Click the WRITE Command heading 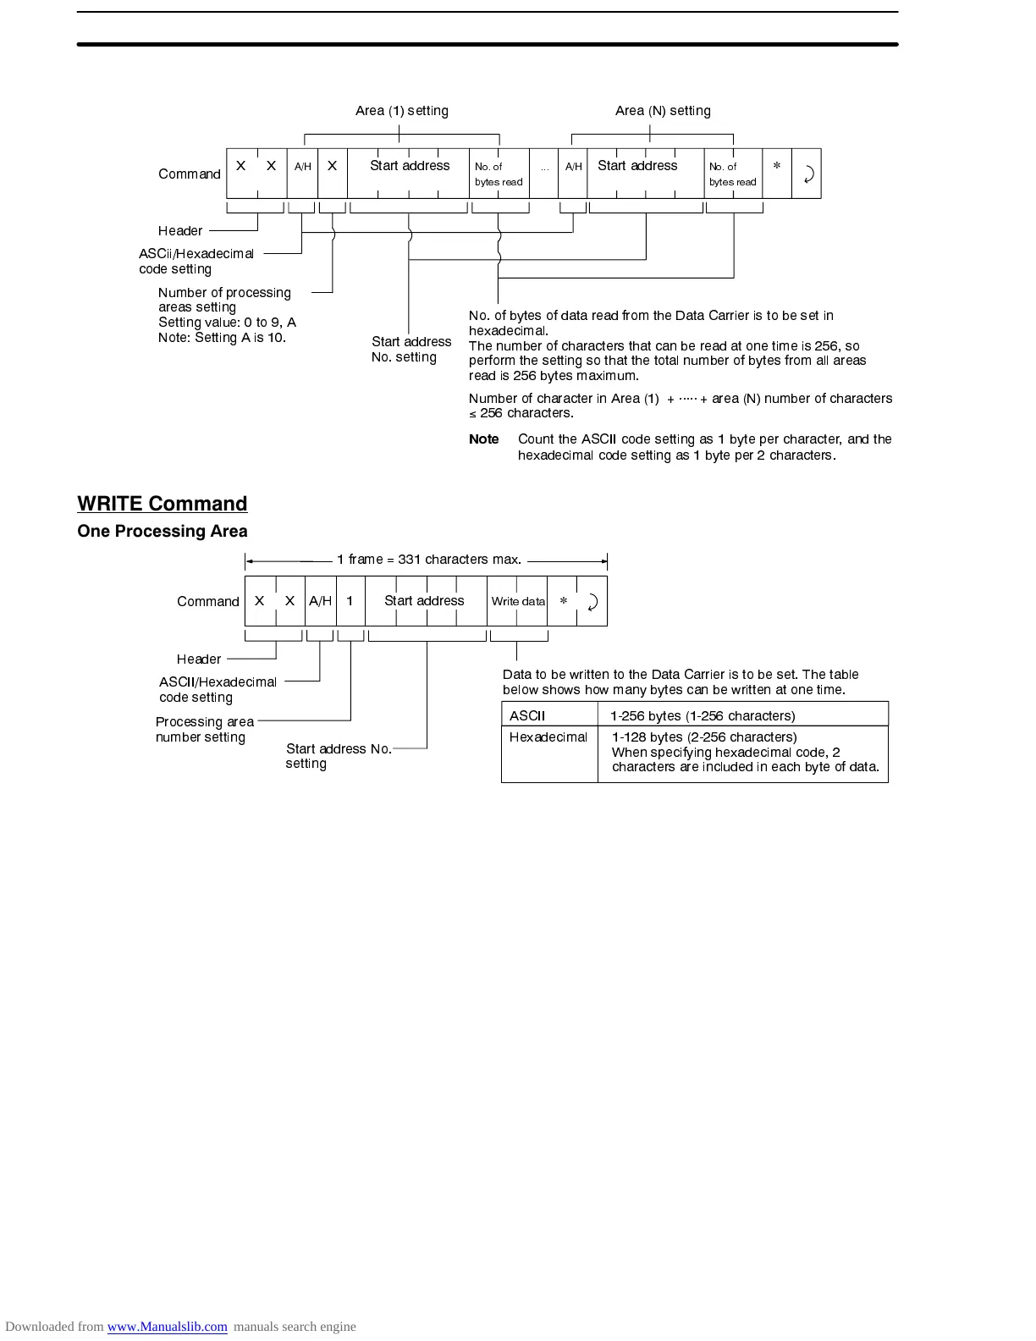click(x=162, y=504)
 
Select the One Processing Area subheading click(x=162, y=532)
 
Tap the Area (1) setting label click(x=401, y=111)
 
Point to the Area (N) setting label click(x=663, y=111)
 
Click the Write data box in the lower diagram click(x=518, y=601)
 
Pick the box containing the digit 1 click(x=350, y=601)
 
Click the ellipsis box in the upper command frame click(x=544, y=174)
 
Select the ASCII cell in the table click(x=527, y=715)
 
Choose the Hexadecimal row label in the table click(x=548, y=737)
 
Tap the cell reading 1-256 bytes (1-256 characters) click(x=703, y=715)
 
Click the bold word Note click(x=484, y=439)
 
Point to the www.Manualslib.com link click(x=167, y=1327)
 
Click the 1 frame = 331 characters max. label click(x=428, y=560)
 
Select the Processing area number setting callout click(x=204, y=729)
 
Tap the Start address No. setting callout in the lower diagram click(x=338, y=756)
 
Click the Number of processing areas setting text click(x=224, y=300)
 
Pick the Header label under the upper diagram click(x=180, y=231)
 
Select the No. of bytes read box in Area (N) click(x=733, y=174)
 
